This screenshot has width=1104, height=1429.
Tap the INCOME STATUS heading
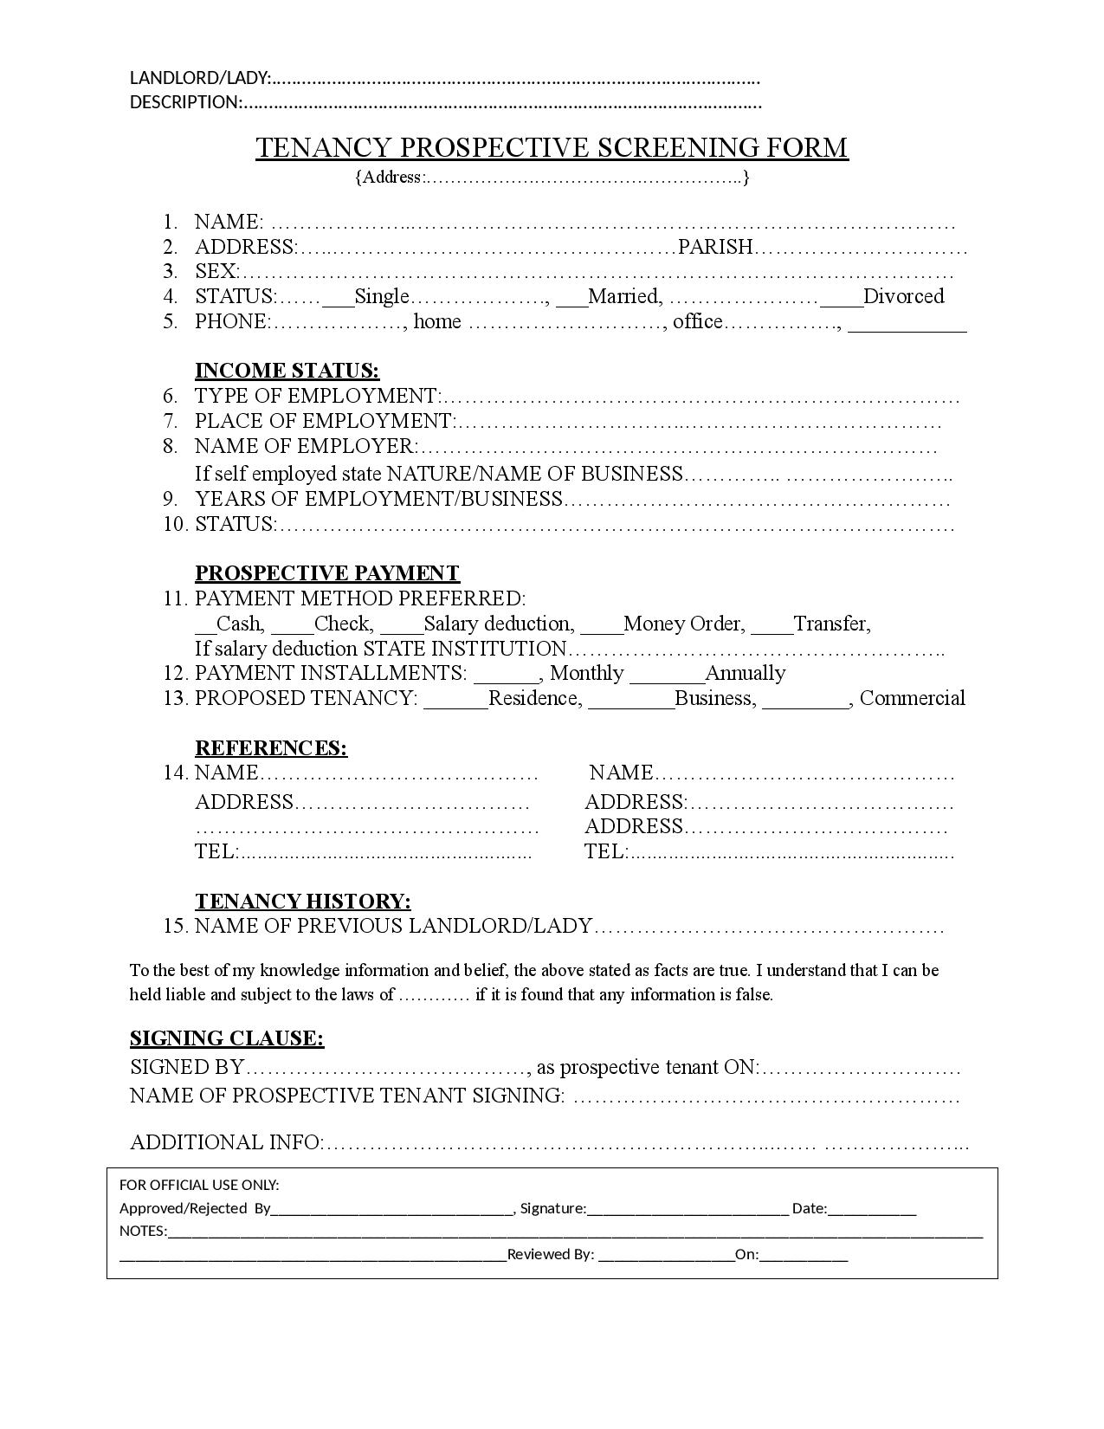287,371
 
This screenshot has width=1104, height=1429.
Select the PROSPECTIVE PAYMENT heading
326,573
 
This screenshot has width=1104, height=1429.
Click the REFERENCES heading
270,748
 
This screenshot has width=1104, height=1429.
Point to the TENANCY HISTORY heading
302,902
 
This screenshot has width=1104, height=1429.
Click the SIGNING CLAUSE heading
226,1038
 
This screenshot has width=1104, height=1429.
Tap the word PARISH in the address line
715,248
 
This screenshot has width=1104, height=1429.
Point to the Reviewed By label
550,1254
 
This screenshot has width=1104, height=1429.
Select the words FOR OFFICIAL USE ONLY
199,1185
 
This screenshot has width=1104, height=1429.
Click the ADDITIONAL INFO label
225,1142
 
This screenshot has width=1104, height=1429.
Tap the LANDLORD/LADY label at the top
199,78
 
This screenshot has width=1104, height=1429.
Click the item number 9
171,499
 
